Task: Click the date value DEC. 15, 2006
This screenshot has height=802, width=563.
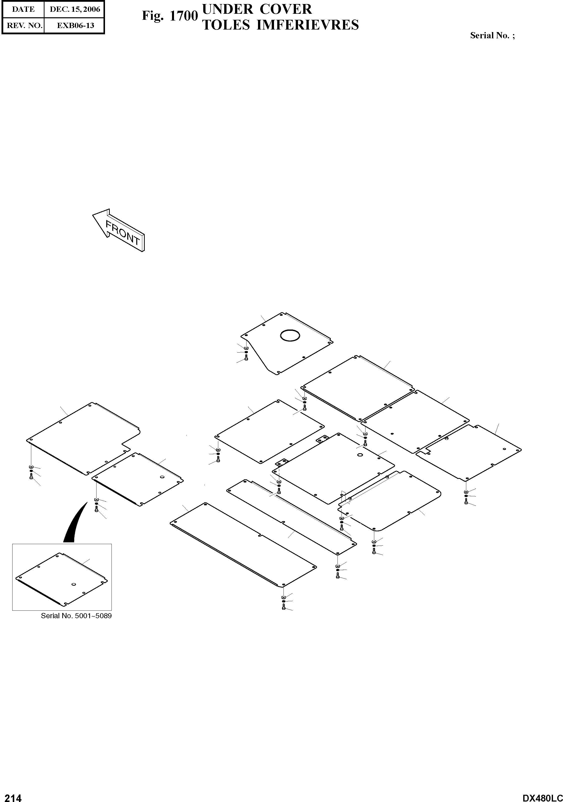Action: point(75,10)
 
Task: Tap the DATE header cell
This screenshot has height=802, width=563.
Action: point(23,10)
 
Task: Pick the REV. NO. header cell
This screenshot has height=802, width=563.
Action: point(23,26)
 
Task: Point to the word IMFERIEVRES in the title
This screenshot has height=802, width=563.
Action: point(308,25)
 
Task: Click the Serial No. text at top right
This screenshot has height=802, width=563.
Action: point(492,35)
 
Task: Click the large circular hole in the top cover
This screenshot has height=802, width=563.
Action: point(290,336)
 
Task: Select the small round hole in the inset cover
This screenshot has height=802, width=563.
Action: point(73,584)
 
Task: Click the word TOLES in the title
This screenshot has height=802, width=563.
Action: point(226,25)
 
